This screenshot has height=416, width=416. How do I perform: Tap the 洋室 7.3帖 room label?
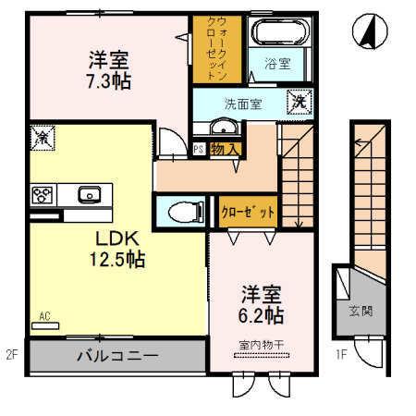click(x=109, y=70)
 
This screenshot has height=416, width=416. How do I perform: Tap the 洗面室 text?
click(x=242, y=104)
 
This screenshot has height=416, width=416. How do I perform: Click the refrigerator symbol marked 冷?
click(x=42, y=137)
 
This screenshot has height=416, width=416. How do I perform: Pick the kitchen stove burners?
click(x=43, y=194)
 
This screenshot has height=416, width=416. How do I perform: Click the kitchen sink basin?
click(x=89, y=194)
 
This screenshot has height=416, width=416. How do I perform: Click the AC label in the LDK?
click(x=43, y=316)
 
